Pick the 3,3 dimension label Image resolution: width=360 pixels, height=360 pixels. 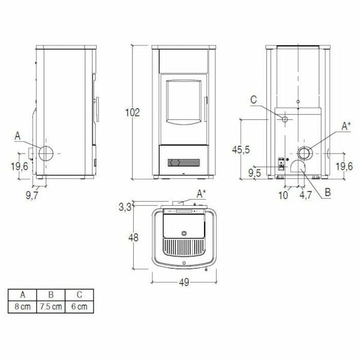pyautogui.click(x=125, y=208)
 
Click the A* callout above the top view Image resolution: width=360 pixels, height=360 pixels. pyautogui.click(x=204, y=193)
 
